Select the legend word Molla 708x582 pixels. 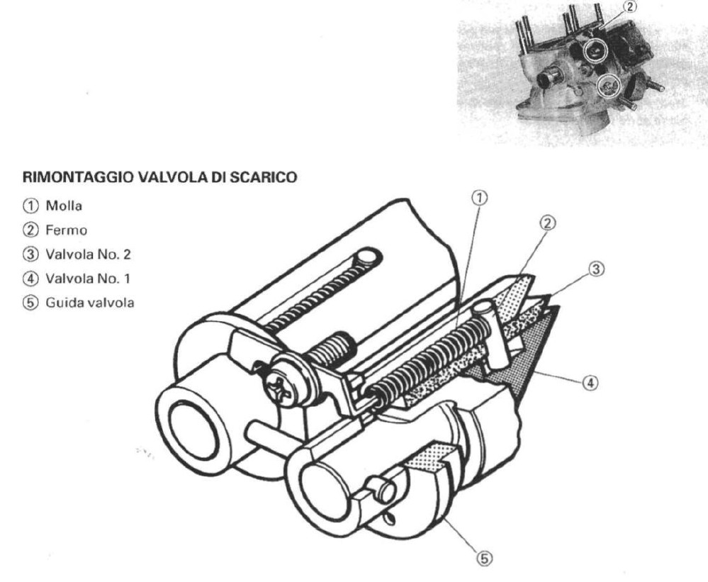(64, 206)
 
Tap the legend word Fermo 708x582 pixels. (66, 230)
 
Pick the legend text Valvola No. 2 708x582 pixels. (88, 254)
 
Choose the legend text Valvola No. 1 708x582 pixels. (88, 278)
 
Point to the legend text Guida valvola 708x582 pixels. (90, 302)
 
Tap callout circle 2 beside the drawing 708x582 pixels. (548, 223)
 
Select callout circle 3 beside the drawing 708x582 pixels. (596, 269)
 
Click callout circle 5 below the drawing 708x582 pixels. (483, 559)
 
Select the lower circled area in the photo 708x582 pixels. (609, 85)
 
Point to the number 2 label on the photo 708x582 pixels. (630, 7)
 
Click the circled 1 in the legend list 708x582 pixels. (30, 206)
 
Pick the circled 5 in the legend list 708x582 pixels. (30, 302)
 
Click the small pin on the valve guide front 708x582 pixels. (381, 489)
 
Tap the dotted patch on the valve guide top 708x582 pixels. (428, 458)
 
